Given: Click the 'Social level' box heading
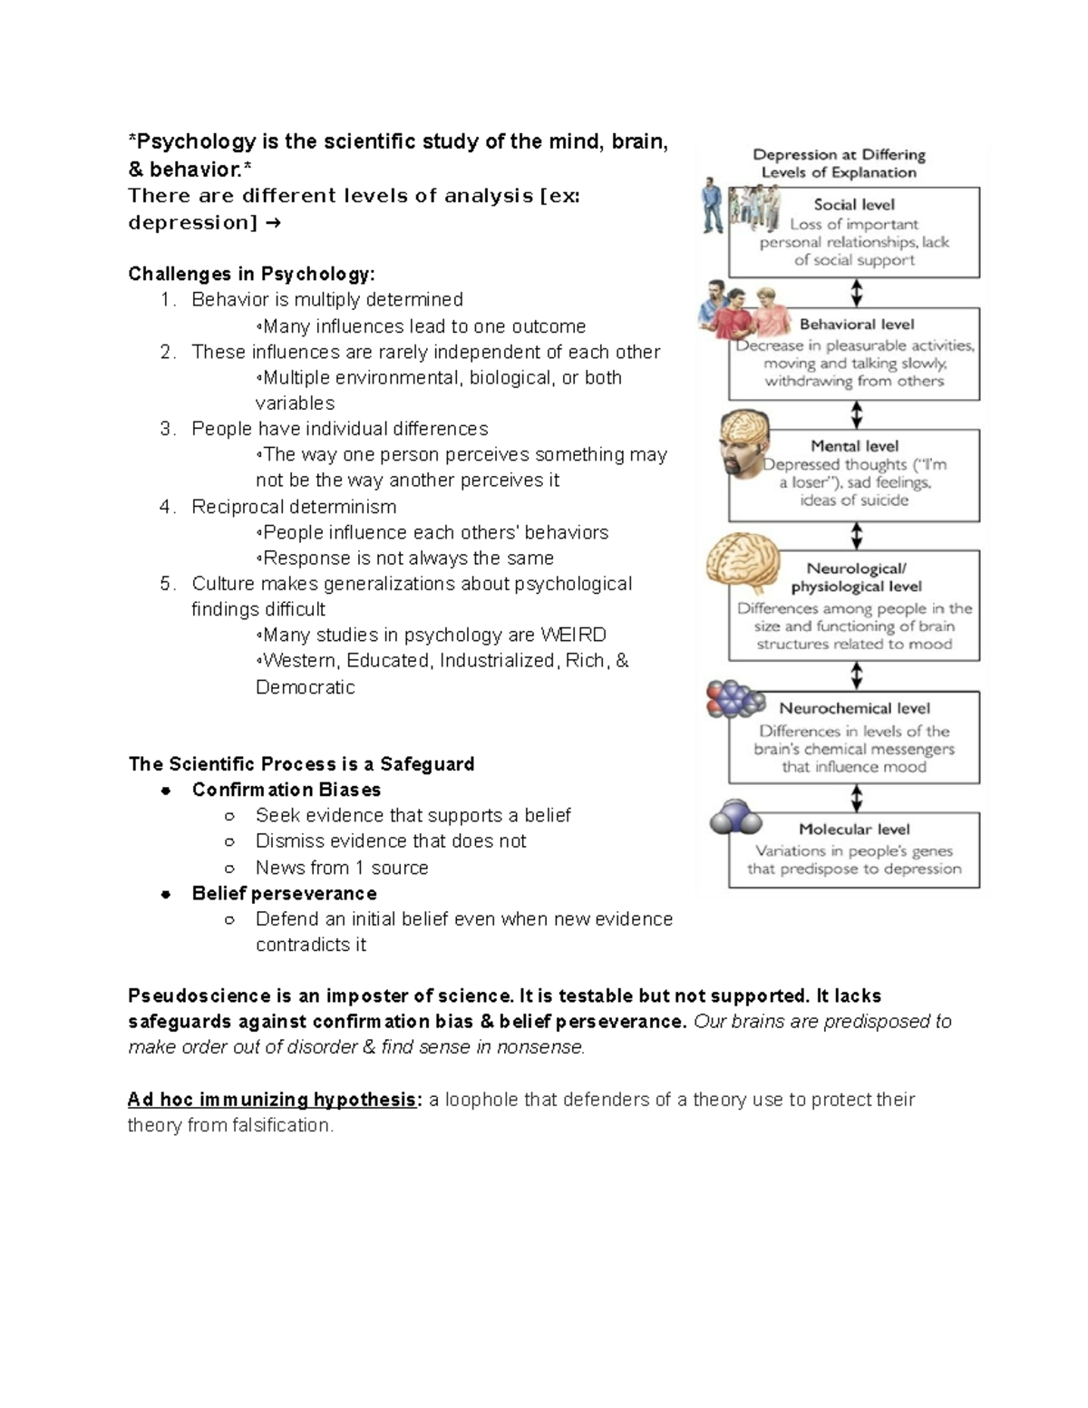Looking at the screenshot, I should [x=853, y=205].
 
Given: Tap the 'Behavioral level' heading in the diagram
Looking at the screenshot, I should [x=856, y=325].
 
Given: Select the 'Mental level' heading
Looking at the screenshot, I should [x=854, y=446].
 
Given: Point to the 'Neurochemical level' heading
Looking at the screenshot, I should [x=854, y=709].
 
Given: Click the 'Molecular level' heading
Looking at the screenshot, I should [x=854, y=830].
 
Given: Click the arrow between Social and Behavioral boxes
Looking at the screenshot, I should [x=856, y=293].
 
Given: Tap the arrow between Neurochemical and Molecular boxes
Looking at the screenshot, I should [x=856, y=798].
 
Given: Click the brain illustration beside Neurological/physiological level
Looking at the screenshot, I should [x=742, y=563].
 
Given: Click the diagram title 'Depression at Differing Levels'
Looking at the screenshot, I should [x=839, y=163].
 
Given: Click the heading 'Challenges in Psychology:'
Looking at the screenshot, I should [x=251, y=274].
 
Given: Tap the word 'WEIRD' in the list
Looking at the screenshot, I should [x=573, y=635].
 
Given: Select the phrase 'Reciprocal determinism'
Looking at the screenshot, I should [x=294, y=507].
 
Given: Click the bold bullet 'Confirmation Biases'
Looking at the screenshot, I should [x=286, y=790].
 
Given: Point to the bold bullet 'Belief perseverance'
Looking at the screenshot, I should [x=284, y=893].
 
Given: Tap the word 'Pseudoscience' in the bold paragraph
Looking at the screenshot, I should [x=187, y=995].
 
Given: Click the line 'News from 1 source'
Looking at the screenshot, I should [x=342, y=868].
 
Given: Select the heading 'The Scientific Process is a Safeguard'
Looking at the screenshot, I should [x=301, y=764].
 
